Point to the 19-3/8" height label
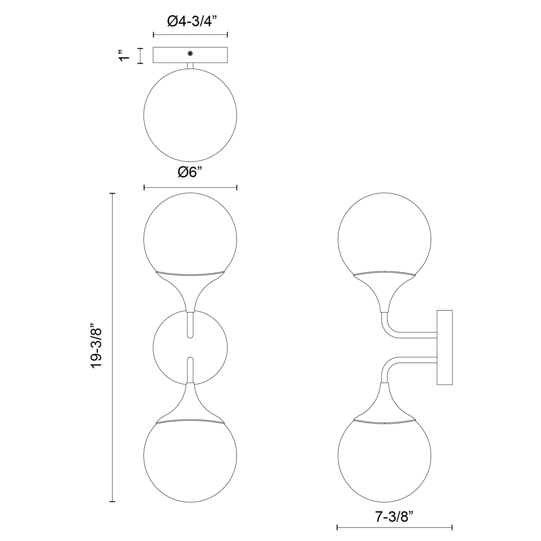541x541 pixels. [97, 347]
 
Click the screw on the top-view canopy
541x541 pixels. [191, 54]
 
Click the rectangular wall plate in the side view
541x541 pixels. [445, 347]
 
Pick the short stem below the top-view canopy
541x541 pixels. [190, 66]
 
